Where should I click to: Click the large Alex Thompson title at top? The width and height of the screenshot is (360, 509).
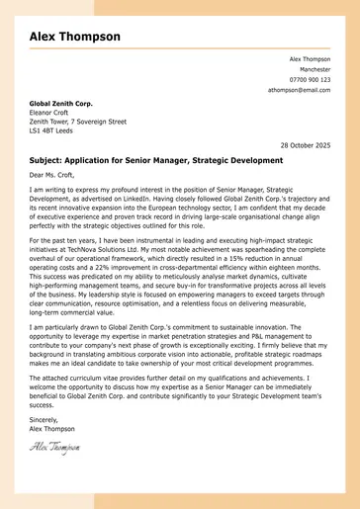[75, 37]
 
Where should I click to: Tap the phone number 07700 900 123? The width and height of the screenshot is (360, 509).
[311, 79]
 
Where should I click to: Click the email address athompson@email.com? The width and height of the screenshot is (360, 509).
[299, 89]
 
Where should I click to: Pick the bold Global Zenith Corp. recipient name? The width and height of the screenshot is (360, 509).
[60, 103]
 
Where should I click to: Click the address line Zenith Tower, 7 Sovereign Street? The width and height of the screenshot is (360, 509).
[77, 121]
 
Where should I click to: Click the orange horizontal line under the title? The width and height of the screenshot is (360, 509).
[179, 48]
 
